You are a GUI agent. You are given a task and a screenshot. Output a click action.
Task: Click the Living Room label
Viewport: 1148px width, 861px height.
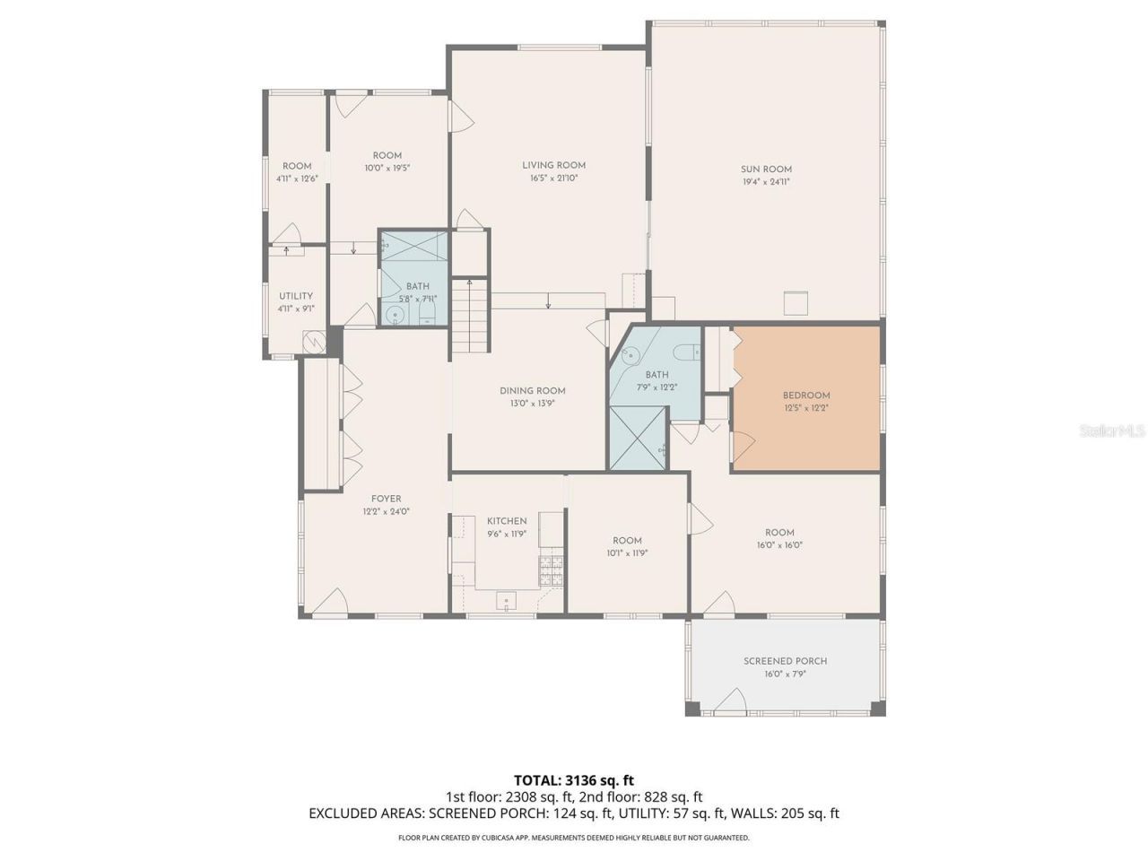click(553, 165)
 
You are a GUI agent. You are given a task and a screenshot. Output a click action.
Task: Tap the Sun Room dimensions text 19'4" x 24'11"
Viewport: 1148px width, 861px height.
click(766, 182)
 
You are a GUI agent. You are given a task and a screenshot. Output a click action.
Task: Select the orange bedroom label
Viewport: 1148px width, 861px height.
click(806, 396)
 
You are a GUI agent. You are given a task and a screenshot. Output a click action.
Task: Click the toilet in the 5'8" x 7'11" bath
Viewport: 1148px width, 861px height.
click(428, 312)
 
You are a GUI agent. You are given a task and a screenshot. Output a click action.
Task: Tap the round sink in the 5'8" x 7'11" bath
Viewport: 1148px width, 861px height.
click(395, 314)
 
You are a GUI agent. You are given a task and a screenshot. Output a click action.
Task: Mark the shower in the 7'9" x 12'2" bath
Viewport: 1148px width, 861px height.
click(639, 438)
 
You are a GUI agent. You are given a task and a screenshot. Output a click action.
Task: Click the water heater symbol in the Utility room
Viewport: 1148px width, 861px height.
click(314, 342)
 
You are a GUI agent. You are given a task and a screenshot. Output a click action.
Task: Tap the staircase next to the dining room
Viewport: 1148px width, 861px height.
click(470, 315)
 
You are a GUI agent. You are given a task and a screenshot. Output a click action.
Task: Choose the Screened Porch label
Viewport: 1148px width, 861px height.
click(785, 661)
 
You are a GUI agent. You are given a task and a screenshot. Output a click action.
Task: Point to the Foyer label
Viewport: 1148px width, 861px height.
click(387, 499)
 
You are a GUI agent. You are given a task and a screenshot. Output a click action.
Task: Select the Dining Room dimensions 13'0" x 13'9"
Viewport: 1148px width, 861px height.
click(533, 404)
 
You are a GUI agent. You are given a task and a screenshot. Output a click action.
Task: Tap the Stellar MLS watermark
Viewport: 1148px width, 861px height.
click(1112, 430)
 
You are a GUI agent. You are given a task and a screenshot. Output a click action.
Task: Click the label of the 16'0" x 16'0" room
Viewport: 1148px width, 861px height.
click(779, 532)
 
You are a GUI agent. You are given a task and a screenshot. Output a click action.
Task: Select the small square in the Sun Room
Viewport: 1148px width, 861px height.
click(796, 303)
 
